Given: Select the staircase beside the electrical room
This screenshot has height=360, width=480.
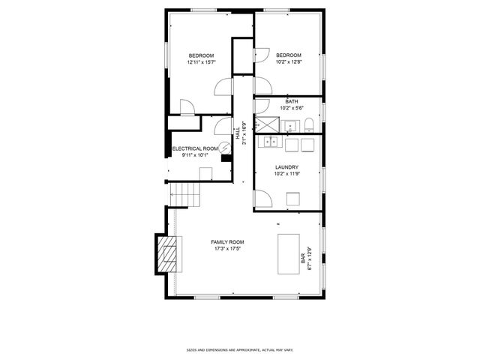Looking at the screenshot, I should (184, 194).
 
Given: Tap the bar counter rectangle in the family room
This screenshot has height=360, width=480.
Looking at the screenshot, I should (288, 252).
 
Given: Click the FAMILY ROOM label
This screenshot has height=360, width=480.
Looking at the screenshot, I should (226, 241).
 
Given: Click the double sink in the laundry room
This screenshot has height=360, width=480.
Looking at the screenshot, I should (268, 142).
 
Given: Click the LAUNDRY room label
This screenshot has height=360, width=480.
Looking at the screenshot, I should (286, 167).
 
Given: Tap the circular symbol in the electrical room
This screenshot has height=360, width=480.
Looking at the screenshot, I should (223, 148).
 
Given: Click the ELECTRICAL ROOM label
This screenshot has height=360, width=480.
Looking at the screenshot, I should (195, 148).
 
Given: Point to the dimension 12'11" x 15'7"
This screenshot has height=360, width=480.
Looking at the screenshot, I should (201, 62).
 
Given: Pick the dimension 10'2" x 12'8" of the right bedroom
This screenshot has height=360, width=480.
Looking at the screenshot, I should (289, 62).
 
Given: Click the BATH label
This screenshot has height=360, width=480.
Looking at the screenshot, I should (292, 101).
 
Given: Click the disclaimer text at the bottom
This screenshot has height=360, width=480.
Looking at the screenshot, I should (239, 349).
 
